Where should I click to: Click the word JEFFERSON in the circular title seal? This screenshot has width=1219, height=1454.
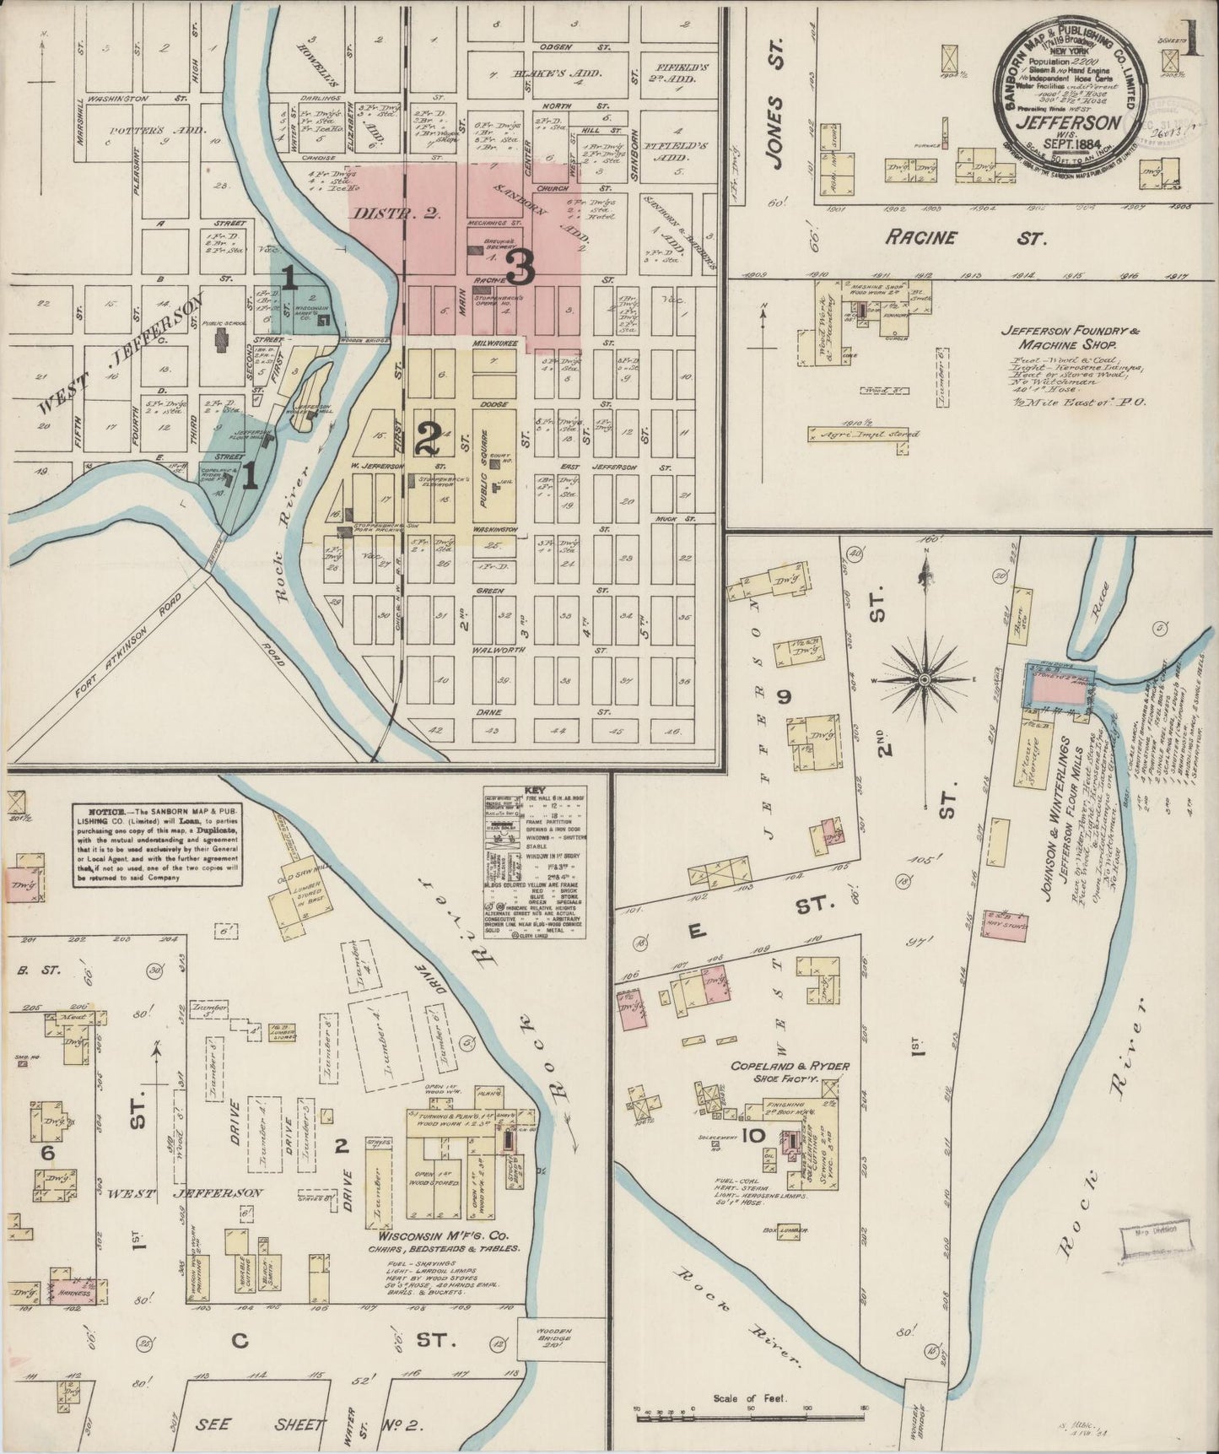point(1069,122)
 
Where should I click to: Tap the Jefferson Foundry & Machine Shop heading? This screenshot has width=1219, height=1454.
point(1069,338)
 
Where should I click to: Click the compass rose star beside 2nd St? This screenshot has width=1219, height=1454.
point(925,678)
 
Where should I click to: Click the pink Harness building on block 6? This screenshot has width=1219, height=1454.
point(75,1288)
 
